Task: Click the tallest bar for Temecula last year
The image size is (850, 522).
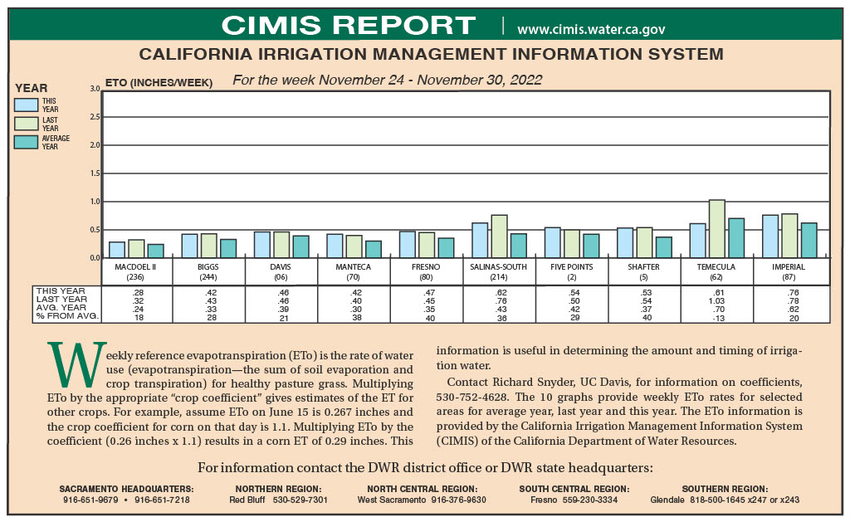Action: coord(717,229)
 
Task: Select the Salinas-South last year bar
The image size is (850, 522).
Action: coord(499,237)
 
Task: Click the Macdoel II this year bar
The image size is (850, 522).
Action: coord(117,250)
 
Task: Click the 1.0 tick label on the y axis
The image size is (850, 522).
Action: coord(95,202)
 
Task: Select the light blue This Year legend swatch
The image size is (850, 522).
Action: coord(27,105)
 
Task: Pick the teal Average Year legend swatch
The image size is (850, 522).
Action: coord(27,142)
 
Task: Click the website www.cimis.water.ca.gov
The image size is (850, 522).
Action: coord(591,29)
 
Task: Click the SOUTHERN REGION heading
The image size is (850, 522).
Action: coord(725,489)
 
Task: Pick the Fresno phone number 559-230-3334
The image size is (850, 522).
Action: coord(590,500)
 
